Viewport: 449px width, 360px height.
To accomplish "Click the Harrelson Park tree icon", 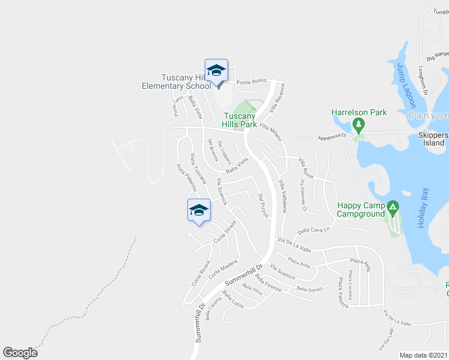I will click(x=358, y=125).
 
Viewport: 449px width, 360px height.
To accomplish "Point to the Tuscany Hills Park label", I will click(x=240, y=120).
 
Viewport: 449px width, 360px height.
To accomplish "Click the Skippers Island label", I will click(x=432, y=139).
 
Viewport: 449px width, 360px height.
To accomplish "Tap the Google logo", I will click(x=20, y=353).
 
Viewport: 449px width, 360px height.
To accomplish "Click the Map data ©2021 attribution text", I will click(x=424, y=355).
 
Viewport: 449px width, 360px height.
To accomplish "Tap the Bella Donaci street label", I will click(x=310, y=289).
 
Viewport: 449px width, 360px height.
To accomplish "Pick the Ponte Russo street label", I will click(x=251, y=81).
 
